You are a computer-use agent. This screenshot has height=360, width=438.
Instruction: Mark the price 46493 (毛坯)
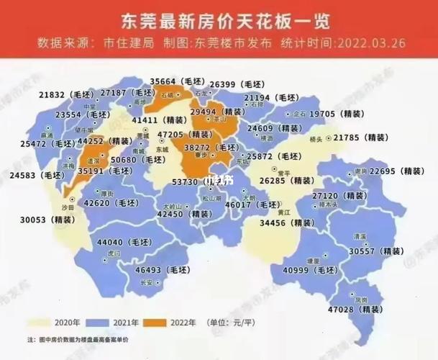(x=163, y=269)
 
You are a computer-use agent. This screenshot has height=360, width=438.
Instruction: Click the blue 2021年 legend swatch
(x=99, y=322)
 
